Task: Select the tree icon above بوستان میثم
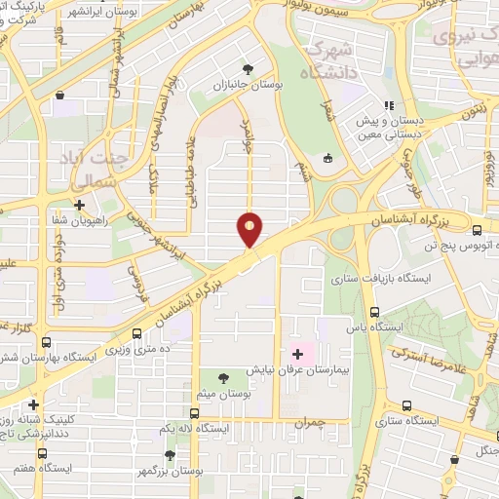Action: pos(225,377)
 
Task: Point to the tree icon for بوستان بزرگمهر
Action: pos(171,454)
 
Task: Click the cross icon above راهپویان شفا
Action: pos(79,205)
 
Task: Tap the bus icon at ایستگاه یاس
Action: pos(375,313)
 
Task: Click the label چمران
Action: pos(333,422)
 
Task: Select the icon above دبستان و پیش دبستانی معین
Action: pos(389,105)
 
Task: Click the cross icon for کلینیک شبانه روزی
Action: pos(34,404)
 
